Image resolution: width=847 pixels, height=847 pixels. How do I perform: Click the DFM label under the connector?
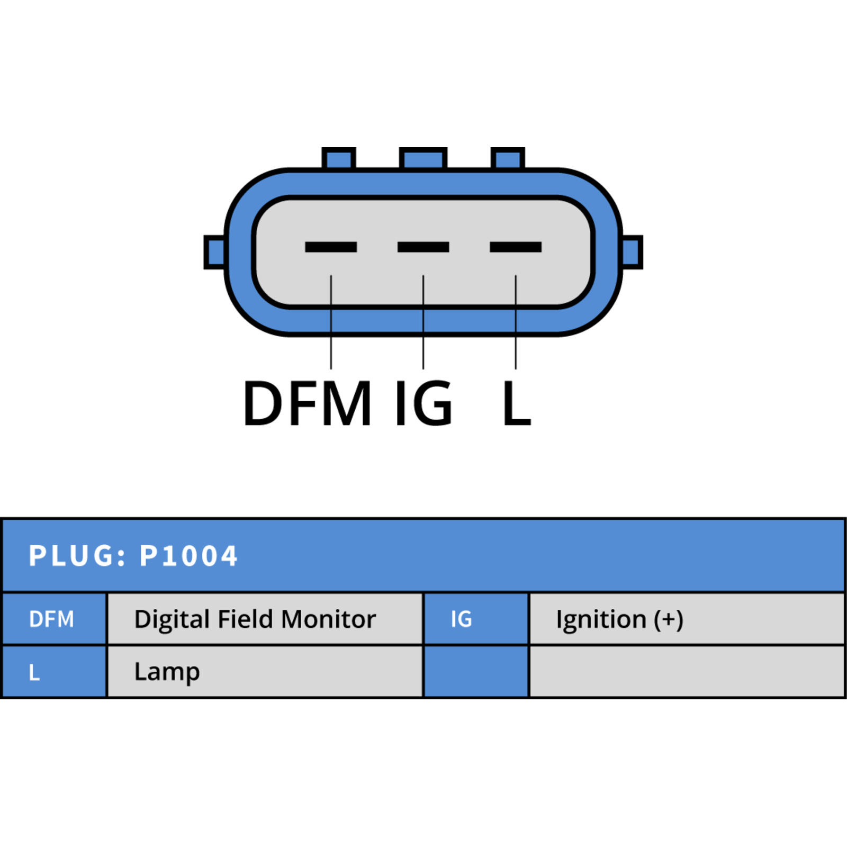pos(307,403)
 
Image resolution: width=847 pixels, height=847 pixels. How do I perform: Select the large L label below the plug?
pos(517,403)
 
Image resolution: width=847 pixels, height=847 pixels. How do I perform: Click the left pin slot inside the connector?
pos(331,247)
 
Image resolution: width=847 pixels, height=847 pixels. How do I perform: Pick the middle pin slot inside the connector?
pos(423,247)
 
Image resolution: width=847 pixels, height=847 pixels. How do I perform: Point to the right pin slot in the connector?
pos(516,247)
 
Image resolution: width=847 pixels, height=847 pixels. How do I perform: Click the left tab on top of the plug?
pos(339,158)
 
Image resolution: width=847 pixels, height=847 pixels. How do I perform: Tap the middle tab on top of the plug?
pos(423,158)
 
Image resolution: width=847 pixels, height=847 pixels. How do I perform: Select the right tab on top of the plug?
pos(508,158)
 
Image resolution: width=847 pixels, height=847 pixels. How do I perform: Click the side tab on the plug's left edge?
pos(215,252)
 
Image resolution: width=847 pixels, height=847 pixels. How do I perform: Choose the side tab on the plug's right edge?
pos(632,252)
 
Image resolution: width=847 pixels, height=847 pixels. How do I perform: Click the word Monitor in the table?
pos(329,619)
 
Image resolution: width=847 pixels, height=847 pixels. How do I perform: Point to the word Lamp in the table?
pos(167,673)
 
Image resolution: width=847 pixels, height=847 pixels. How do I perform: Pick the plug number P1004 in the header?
pos(188,556)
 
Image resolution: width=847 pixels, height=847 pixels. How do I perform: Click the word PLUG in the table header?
pos(77,556)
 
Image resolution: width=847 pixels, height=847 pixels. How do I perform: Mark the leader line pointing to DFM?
pos(331,322)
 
